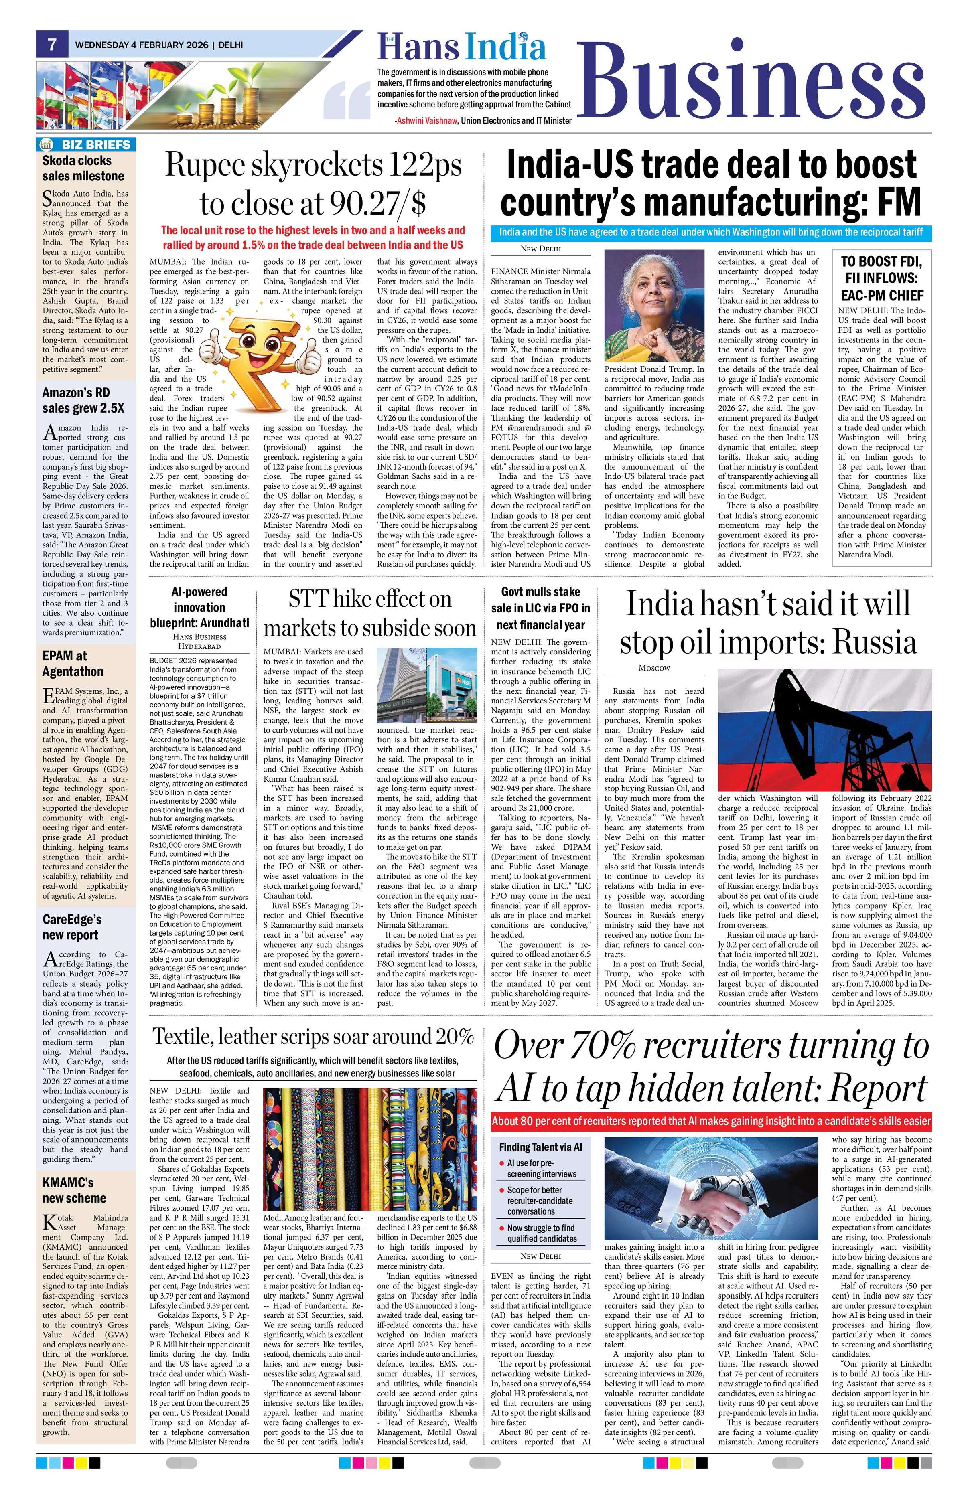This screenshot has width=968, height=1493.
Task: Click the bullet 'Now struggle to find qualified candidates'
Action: click(x=541, y=1233)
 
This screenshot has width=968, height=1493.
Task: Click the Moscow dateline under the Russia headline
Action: click(x=654, y=668)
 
